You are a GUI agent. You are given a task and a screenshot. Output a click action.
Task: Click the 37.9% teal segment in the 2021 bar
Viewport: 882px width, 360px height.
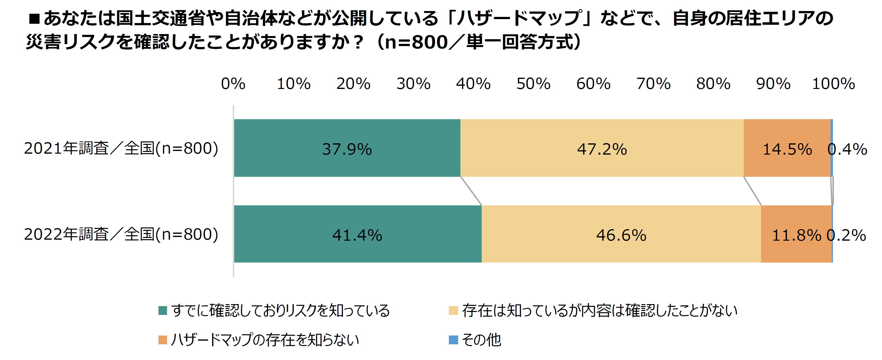coord(347,148)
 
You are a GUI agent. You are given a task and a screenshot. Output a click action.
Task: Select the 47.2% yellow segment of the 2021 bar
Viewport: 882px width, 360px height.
coord(602,148)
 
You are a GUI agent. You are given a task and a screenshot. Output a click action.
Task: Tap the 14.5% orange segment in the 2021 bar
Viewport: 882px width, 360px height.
coord(787,148)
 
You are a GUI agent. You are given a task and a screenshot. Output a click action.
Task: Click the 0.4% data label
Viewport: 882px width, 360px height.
coord(847,149)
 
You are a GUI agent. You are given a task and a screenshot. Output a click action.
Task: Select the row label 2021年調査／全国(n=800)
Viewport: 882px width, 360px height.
coord(121,148)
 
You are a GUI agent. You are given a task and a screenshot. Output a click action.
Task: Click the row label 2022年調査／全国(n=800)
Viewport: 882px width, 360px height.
coord(121,235)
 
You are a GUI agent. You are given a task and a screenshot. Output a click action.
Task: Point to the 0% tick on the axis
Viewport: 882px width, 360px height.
coord(233,84)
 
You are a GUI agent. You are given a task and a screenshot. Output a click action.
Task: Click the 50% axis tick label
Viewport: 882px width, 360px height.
coord(533,84)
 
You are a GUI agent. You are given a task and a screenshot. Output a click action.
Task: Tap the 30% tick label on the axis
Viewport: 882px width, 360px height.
coord(413,84)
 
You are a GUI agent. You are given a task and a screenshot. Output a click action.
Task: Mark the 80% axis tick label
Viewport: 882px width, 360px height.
coord(713,84)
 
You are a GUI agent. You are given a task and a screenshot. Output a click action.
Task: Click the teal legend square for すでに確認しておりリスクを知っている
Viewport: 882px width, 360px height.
coord(163,310)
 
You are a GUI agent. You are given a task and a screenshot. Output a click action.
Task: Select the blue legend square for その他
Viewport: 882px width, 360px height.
coord(453,340)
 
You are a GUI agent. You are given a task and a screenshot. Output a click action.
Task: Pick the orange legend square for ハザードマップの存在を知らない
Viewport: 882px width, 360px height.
coord(163,340)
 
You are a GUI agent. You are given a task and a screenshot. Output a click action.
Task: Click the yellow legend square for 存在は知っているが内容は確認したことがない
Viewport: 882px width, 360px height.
coord(453,310)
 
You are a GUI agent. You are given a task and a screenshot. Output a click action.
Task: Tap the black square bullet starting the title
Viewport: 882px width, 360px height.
coord(34,19)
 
